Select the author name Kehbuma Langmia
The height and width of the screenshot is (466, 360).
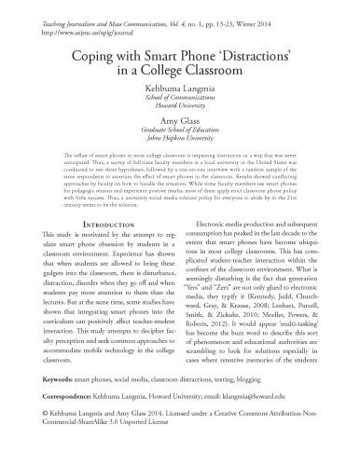[x=179, y=91]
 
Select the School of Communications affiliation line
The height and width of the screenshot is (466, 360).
[x=179, y=103]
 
